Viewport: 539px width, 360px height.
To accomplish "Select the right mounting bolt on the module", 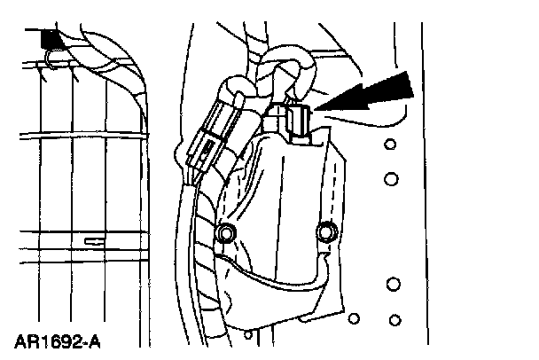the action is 327,232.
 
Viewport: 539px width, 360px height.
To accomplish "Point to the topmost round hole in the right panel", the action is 389,145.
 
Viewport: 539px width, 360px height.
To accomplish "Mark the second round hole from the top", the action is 391,179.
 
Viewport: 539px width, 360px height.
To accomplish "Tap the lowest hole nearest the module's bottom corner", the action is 355,317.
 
